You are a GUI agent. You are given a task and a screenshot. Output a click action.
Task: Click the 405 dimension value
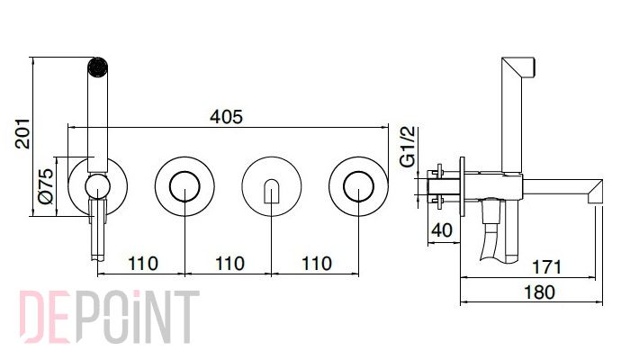226,116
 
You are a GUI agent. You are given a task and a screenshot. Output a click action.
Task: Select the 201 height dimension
22,133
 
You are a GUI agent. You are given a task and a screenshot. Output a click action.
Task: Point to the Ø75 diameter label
45,186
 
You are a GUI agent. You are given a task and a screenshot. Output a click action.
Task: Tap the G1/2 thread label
408,146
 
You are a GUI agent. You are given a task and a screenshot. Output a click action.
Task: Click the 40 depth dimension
442,230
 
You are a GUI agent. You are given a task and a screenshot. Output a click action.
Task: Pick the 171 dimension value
547,266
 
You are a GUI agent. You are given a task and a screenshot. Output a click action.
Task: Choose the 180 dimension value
540,292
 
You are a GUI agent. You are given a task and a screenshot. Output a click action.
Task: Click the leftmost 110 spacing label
142,264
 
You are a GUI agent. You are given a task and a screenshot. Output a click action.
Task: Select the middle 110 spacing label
229,264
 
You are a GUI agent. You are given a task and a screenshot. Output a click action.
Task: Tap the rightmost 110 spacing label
317,264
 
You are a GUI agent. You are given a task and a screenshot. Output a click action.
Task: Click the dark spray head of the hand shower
97,67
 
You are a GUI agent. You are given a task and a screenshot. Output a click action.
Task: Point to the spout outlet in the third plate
272,191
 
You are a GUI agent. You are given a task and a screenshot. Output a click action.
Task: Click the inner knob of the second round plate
184,186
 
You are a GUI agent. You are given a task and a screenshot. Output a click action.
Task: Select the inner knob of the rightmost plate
358,186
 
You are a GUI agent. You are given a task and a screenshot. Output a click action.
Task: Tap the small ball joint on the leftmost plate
97,186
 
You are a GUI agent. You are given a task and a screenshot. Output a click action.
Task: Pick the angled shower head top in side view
519,67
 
